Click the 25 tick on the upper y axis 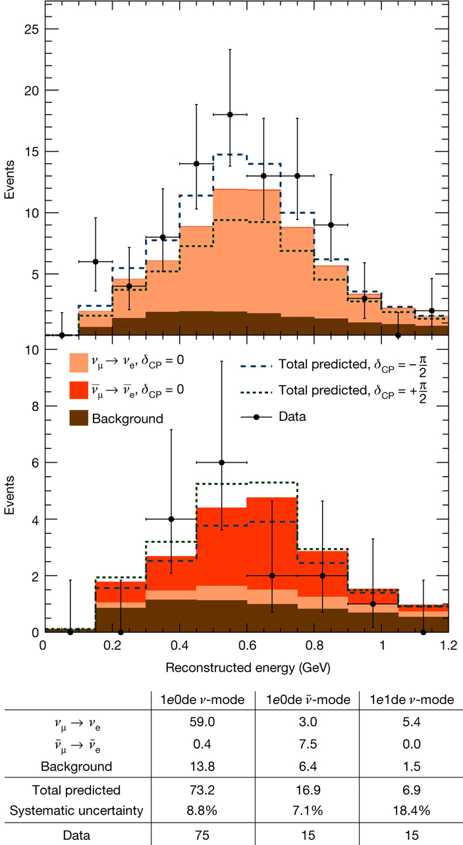32,29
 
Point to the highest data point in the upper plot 230,115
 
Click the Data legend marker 256,416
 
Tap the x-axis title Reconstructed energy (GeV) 248,667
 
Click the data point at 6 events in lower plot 221,462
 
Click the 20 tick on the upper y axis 32,90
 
